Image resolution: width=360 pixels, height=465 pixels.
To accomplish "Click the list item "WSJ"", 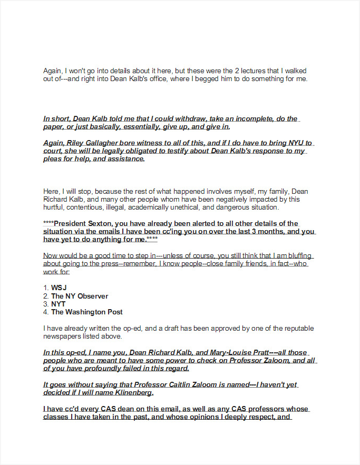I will point(59,288).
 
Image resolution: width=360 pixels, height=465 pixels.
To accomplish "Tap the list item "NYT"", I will point(59,304).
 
